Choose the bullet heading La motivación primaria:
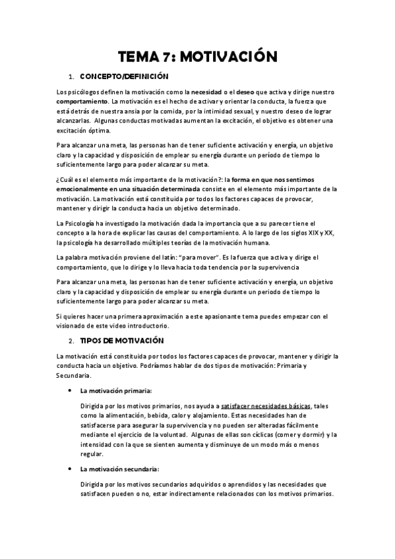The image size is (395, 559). pos(115,391)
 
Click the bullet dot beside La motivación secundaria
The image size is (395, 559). pos(71,469)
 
